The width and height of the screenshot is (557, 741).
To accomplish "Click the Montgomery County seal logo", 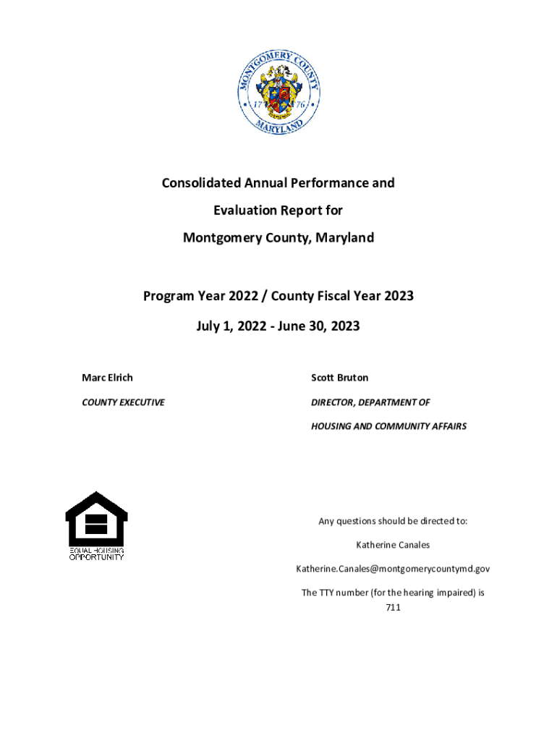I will (x=278, y=93).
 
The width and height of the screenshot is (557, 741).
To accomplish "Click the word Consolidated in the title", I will (x=201, y=183).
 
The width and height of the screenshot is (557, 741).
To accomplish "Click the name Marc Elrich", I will (x=107, y=378).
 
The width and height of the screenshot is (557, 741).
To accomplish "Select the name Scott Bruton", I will (x=339, y=378).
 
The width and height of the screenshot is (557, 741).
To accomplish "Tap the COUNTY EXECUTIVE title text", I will (x=123, y=402).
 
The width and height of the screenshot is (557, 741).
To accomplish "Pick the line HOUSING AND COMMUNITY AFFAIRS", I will (x=388, y=426).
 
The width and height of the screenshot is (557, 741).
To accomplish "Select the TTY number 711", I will (x=393, y=608).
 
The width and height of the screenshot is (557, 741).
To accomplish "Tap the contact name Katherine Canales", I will (x=393, y=545).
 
